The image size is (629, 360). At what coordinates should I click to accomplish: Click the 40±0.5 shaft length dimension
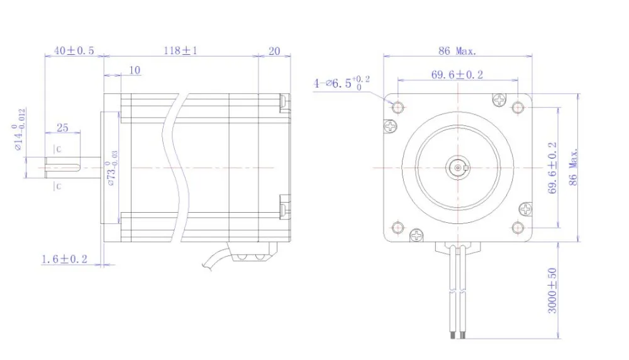pos(74,51)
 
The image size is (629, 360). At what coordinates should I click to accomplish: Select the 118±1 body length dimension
pos(181,51)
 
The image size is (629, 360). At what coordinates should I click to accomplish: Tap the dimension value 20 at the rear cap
pos(274,51)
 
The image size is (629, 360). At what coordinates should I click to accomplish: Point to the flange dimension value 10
pos(135,70)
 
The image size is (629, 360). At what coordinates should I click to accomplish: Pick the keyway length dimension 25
pos(62,128)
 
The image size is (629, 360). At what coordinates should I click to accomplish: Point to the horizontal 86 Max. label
pos(458,51)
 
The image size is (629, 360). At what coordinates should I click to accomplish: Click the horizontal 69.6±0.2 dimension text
pos(457,74)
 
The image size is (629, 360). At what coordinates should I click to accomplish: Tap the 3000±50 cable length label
pos(552,291)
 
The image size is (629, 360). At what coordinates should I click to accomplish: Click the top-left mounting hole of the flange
pos(398,108)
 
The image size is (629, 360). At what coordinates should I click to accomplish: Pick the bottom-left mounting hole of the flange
pos(398,227)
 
